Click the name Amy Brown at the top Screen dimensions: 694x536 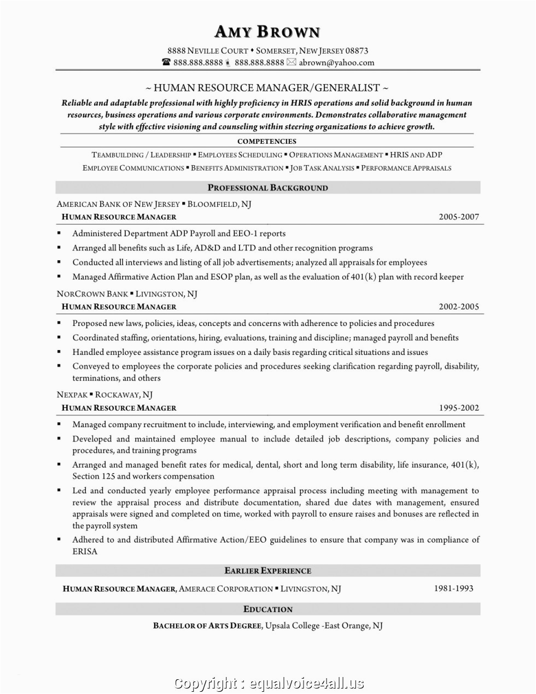(267, 32)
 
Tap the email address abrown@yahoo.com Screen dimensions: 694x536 (336, 62)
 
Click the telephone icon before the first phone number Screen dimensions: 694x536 (166, 62)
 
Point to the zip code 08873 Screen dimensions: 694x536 (357, 51)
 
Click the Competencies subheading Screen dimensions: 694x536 (267, 142)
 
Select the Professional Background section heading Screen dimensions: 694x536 (267, 188)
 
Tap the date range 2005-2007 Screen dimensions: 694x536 (458, 217)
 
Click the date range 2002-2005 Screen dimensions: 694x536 (458, 307)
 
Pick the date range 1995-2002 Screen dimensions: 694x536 (458, 407)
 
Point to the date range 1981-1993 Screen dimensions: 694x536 (453, 588)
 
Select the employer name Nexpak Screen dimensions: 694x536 (72, 394)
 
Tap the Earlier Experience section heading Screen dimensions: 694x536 (267, 570)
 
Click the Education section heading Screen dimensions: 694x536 (267, 609)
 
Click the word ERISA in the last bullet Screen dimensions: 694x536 (85, 551)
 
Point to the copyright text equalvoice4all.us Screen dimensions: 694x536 (306, 683)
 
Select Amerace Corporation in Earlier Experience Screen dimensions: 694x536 (225, 589)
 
